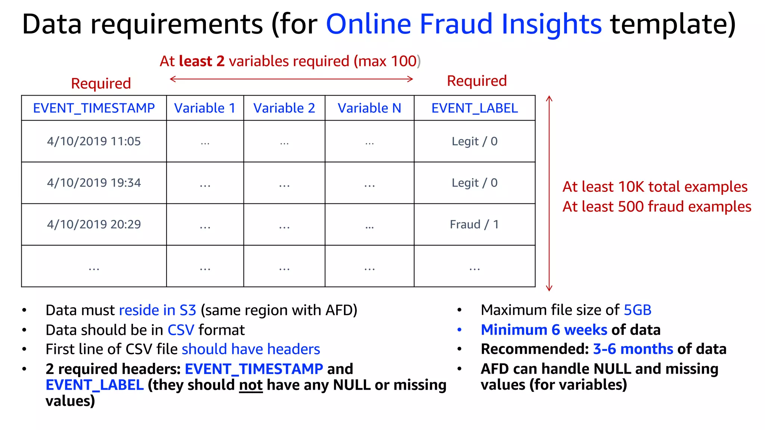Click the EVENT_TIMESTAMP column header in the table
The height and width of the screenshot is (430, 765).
tap(94, 108)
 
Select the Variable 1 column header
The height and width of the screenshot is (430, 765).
tap(205, 108)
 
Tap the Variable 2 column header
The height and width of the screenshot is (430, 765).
tap(284, 108)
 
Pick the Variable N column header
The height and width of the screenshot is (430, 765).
tap(369, 108)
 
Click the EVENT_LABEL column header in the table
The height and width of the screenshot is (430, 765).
tap(474, 108)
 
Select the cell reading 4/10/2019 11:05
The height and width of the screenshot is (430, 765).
tap(94, 141)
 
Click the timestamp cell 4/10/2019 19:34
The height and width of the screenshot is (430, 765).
tap(94, 183)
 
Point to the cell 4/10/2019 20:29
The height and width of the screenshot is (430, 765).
tap(94, 224)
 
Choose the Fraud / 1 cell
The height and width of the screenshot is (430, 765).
tap(474, 224)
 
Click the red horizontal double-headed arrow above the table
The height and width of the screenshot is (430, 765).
tap(291, 79)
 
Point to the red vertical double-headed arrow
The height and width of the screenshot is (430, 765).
tap(549, 193)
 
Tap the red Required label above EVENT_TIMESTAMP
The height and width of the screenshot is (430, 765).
tap(101, 84)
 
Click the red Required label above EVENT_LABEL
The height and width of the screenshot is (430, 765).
tap(477, 81)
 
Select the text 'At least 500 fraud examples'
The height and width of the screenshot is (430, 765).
tap(657, 207)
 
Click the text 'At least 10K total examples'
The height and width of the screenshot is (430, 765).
tap(655, 187)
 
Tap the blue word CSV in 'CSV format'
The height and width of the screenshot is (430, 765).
tap(181, 330)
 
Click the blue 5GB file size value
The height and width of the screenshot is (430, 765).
tap(638, 310)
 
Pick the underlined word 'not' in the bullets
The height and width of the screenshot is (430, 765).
tap(251, 385)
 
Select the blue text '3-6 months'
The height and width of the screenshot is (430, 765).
tap(633, 349)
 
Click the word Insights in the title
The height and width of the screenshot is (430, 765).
tap(551, 24)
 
